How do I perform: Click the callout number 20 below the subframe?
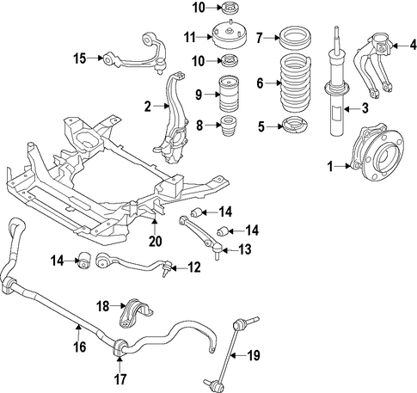point(156,241)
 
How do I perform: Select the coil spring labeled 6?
point(295,83)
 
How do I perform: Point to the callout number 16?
point(80,347)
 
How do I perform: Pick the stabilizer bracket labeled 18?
point(135,313)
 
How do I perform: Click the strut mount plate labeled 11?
point(230,37)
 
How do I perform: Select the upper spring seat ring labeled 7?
point(296,39)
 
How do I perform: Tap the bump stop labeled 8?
point(228,126)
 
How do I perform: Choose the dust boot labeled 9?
point(230,94)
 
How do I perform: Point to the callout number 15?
point(80,58)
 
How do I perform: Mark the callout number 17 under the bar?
point(120,379)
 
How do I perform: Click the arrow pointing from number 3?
point(350,109)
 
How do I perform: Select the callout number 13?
point(245,250)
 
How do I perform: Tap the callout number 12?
point(194,267)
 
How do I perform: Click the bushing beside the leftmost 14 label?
point(84,261)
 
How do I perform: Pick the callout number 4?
point(413,45)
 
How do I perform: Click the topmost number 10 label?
point(199,8)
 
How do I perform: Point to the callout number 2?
point(148,107)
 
